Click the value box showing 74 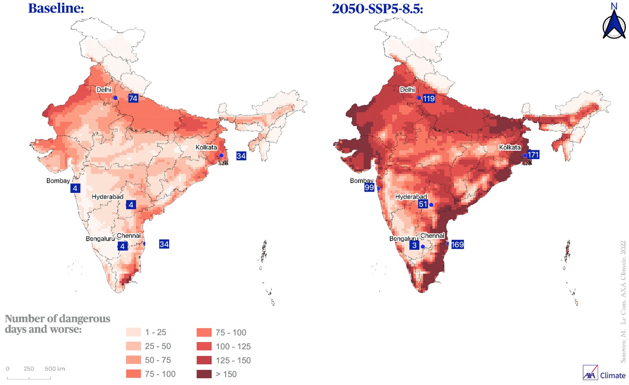tap(133, 98)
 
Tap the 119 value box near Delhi tap(429, 98)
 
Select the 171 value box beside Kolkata tap(533, 154)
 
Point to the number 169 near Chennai tap(457, 244)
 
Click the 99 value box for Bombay tap(369, 187)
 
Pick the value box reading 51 tap(423, 204)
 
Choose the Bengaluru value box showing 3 tap(414, 245)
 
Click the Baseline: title tap(56, 8)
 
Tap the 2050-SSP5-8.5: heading tap(377, 8)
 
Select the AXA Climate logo tap(604, 373)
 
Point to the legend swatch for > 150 tap(204, 374)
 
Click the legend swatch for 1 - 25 tap(133, 332)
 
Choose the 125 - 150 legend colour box tap(204, 360)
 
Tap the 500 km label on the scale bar tap(55, 369)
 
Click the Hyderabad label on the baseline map tap(107, 197)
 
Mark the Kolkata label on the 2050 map tap(510, 147)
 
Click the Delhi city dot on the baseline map tap(115, 98)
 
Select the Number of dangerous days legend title tap(57, 324)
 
